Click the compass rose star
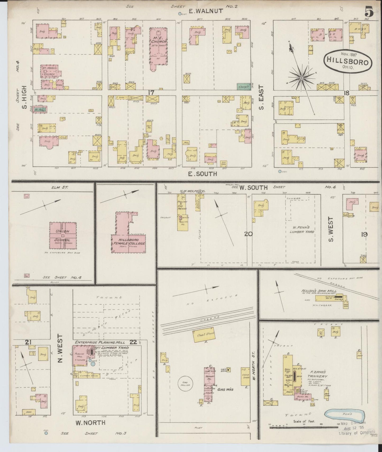pyautogui.click(x=301, y=78)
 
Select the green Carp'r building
pyautogui.click(x=243, y=86)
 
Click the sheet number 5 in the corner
pyautogui.click(x=369, y=12)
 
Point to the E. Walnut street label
pyautogui.click(x=206, y=11)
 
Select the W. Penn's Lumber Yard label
pyautogui.click(x=300, y=229)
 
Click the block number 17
pyautogui.click(x=151, y=93)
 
